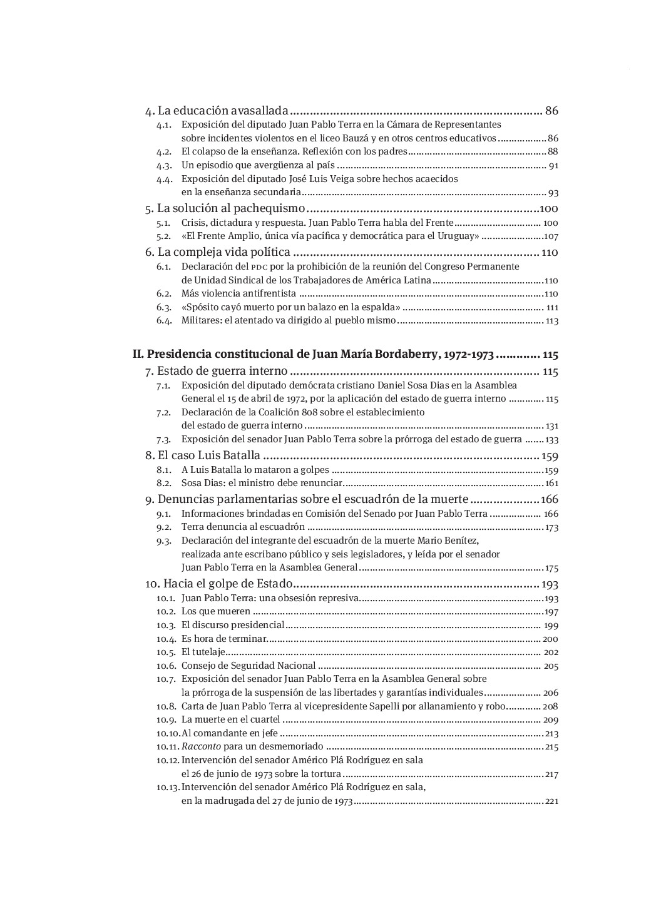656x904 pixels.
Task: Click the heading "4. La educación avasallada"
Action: pyautogui.click(x=217, y=111)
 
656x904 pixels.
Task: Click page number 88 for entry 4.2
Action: pyautogui.click(x=553, y=152)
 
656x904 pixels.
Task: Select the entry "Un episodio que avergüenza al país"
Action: pyautogui.click(x=258, y=166)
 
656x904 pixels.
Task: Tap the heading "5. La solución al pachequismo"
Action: pyautogui.click(x=225, y=208)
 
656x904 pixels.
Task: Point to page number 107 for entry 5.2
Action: pyautogui.click(x=551, y=236)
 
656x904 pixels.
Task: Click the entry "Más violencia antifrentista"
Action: pyautogui.click(x=238, y=294)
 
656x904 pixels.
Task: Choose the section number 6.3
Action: pyautogui.click(x=164, y=308)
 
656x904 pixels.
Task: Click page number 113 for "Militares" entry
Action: pyautogui.click(x=552, y=321)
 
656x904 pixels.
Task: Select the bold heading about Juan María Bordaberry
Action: pyautogui.click(x=313, y=355)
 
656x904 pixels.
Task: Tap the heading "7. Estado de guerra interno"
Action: pyautogui.click(x=216, y=372)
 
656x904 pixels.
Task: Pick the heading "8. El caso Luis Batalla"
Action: pyautogui.click(x=203, y=455)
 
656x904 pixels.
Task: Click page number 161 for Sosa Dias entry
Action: pyautogui.click(x=551, y=484)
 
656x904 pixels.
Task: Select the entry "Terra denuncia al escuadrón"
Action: pyautogui.click(x=243, y=527)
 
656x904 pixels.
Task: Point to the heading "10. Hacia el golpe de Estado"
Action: pyautogui.click(x=219, y=584)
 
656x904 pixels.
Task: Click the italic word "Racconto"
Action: pyautogui.click(x=201, y=746)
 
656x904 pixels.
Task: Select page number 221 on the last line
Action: pyautogui.click(x=551, y=801)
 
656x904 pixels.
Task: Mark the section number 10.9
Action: pyautogui.click(x=165, y=720)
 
